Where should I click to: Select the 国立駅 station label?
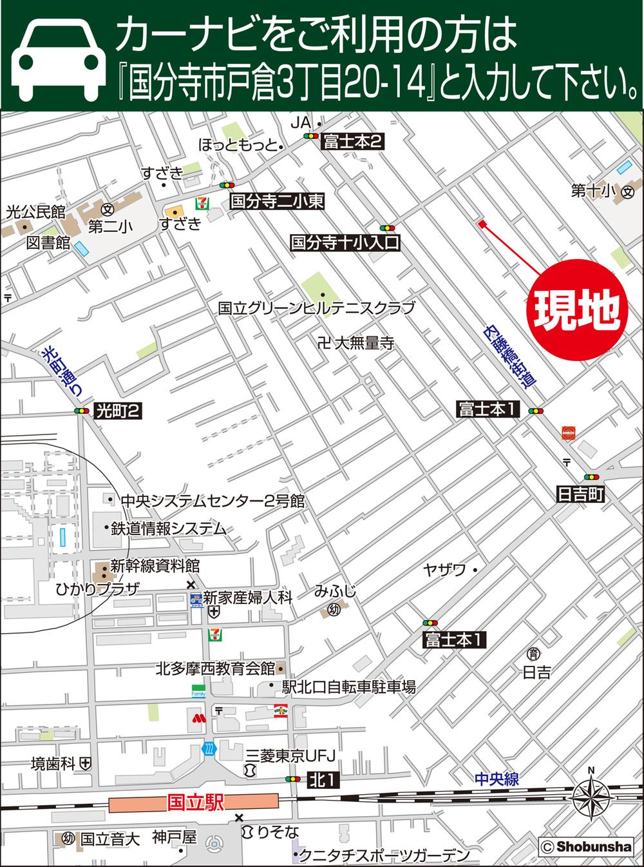click(x=194, y=803)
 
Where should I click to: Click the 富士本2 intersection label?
click(x=353, y=141)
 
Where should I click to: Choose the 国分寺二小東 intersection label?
click(x=276, y=202)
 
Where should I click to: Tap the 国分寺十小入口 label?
click(x=345, y=243)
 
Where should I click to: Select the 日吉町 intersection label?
click(x=580, y=494)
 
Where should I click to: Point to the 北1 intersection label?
click(x=322, y=779)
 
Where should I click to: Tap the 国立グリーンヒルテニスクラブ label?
click(x=316, y=308)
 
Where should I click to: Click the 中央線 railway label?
click(x=496, y=779)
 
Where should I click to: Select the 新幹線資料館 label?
click(x=155, y=566)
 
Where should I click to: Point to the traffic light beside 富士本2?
click(x=311, y=137)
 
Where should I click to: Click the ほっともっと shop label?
click(x=238, y=144)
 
